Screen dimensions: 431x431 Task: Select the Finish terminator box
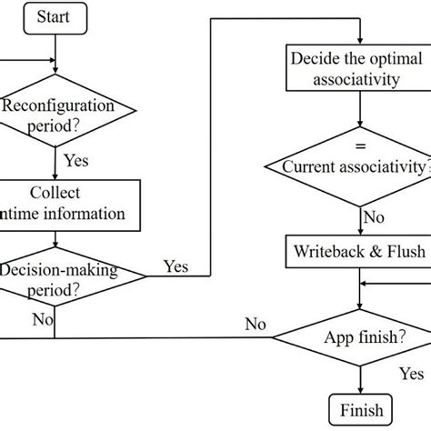(x=356, y=407)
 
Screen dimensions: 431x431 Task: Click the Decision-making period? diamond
(x=56, y=282)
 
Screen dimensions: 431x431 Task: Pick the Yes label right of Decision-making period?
(x=175, y=266)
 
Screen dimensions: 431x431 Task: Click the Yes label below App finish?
(x=411, y=374)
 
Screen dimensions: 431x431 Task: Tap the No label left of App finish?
(x=256, y=324)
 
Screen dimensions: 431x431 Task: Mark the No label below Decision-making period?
(x=42, y=319)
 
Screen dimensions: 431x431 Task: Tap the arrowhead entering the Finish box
(x=356, y=388)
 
